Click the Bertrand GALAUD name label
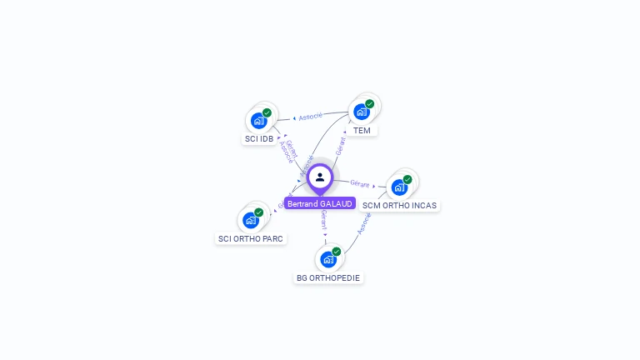pyautogui.click(x=320, y=203)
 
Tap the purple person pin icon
pyautogui.click(x=320, y=177)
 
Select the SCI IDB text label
pyautogui.click(x=259, y=138)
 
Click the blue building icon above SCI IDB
pyautogui.click(x=258, y=120)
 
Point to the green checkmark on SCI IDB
pyautogui.click(x=267, y=112)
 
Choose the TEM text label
pyautogui.click(x=362, y=130)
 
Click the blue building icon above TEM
pyautogui.click(x=361, y=112)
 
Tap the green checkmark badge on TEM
pyautogui.click(x=369, y=104)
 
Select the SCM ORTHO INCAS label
pyautogui.click(x=399, y=205)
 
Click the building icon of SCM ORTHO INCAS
pyautogui.click(x=399, y=187)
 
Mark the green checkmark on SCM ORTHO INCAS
pyautogui.click(x=407, y=179)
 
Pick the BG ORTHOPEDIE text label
pyautogui.click(x=328, y=277)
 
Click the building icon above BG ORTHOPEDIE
pyautogui.click(x=328, y=259)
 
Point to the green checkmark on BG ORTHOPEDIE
pyautogui.click(x=337, y=252)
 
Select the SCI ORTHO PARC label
pyautogui.click(x=251, y=238)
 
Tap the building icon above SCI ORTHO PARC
pyautogui.click(x=250, y=220)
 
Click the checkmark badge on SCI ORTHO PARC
pyautogui.click(x=259, y=212)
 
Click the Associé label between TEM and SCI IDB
pyautogui.click(x=310, y=117)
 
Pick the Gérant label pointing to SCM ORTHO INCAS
pyautogui.click(x=360, y=182)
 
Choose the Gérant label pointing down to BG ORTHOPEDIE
pyautogui.click(x=323, y=219)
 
